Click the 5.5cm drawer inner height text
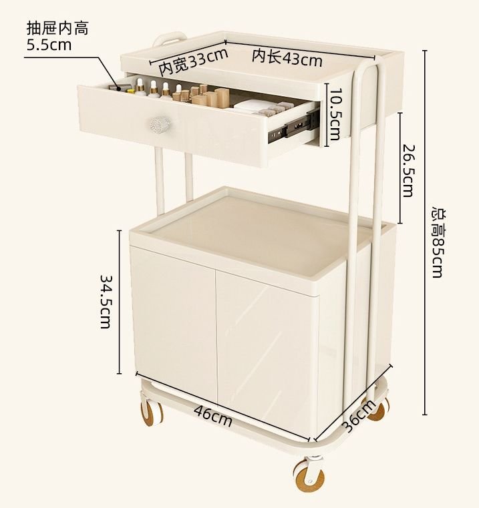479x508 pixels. pos(49,44)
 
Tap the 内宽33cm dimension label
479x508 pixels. pos(193,61)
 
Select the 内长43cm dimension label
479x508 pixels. pos(287,57)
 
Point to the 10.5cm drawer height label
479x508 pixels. pos(335,115)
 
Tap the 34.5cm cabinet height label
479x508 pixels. pos(106,302)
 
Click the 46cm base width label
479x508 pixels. pos(213,416)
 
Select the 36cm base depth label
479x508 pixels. pos(359,416)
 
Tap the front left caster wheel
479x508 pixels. pos(151,412)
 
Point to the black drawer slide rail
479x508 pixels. pos(293,125)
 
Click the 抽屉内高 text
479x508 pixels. pos(57,29)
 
